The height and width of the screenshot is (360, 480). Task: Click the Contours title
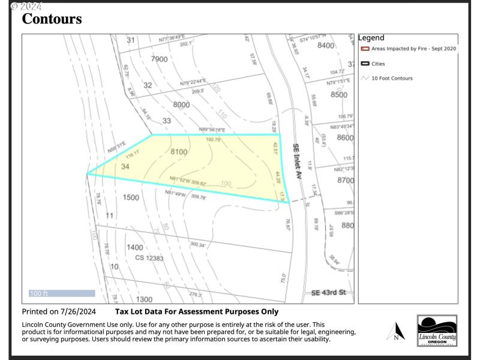point(52,19)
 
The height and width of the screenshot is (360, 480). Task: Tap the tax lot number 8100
point(179,152)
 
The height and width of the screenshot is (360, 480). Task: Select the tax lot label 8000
point(181,104)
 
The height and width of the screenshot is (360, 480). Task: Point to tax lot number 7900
point(160,59)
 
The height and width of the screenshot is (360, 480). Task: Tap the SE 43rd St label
point(329,293)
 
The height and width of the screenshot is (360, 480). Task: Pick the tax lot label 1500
point(131,197)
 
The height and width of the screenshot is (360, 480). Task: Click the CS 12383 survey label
point(149,257)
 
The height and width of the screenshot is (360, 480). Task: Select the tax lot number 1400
point(135,247)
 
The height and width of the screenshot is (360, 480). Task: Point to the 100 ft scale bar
point(62,293)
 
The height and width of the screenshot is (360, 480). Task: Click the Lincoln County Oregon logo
point(437,331)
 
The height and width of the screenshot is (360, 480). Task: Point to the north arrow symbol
point(395,331)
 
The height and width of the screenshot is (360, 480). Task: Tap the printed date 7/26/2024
point(78,311)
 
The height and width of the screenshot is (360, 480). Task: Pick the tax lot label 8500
point(339,95)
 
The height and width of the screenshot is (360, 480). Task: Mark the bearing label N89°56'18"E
point(212,130)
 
